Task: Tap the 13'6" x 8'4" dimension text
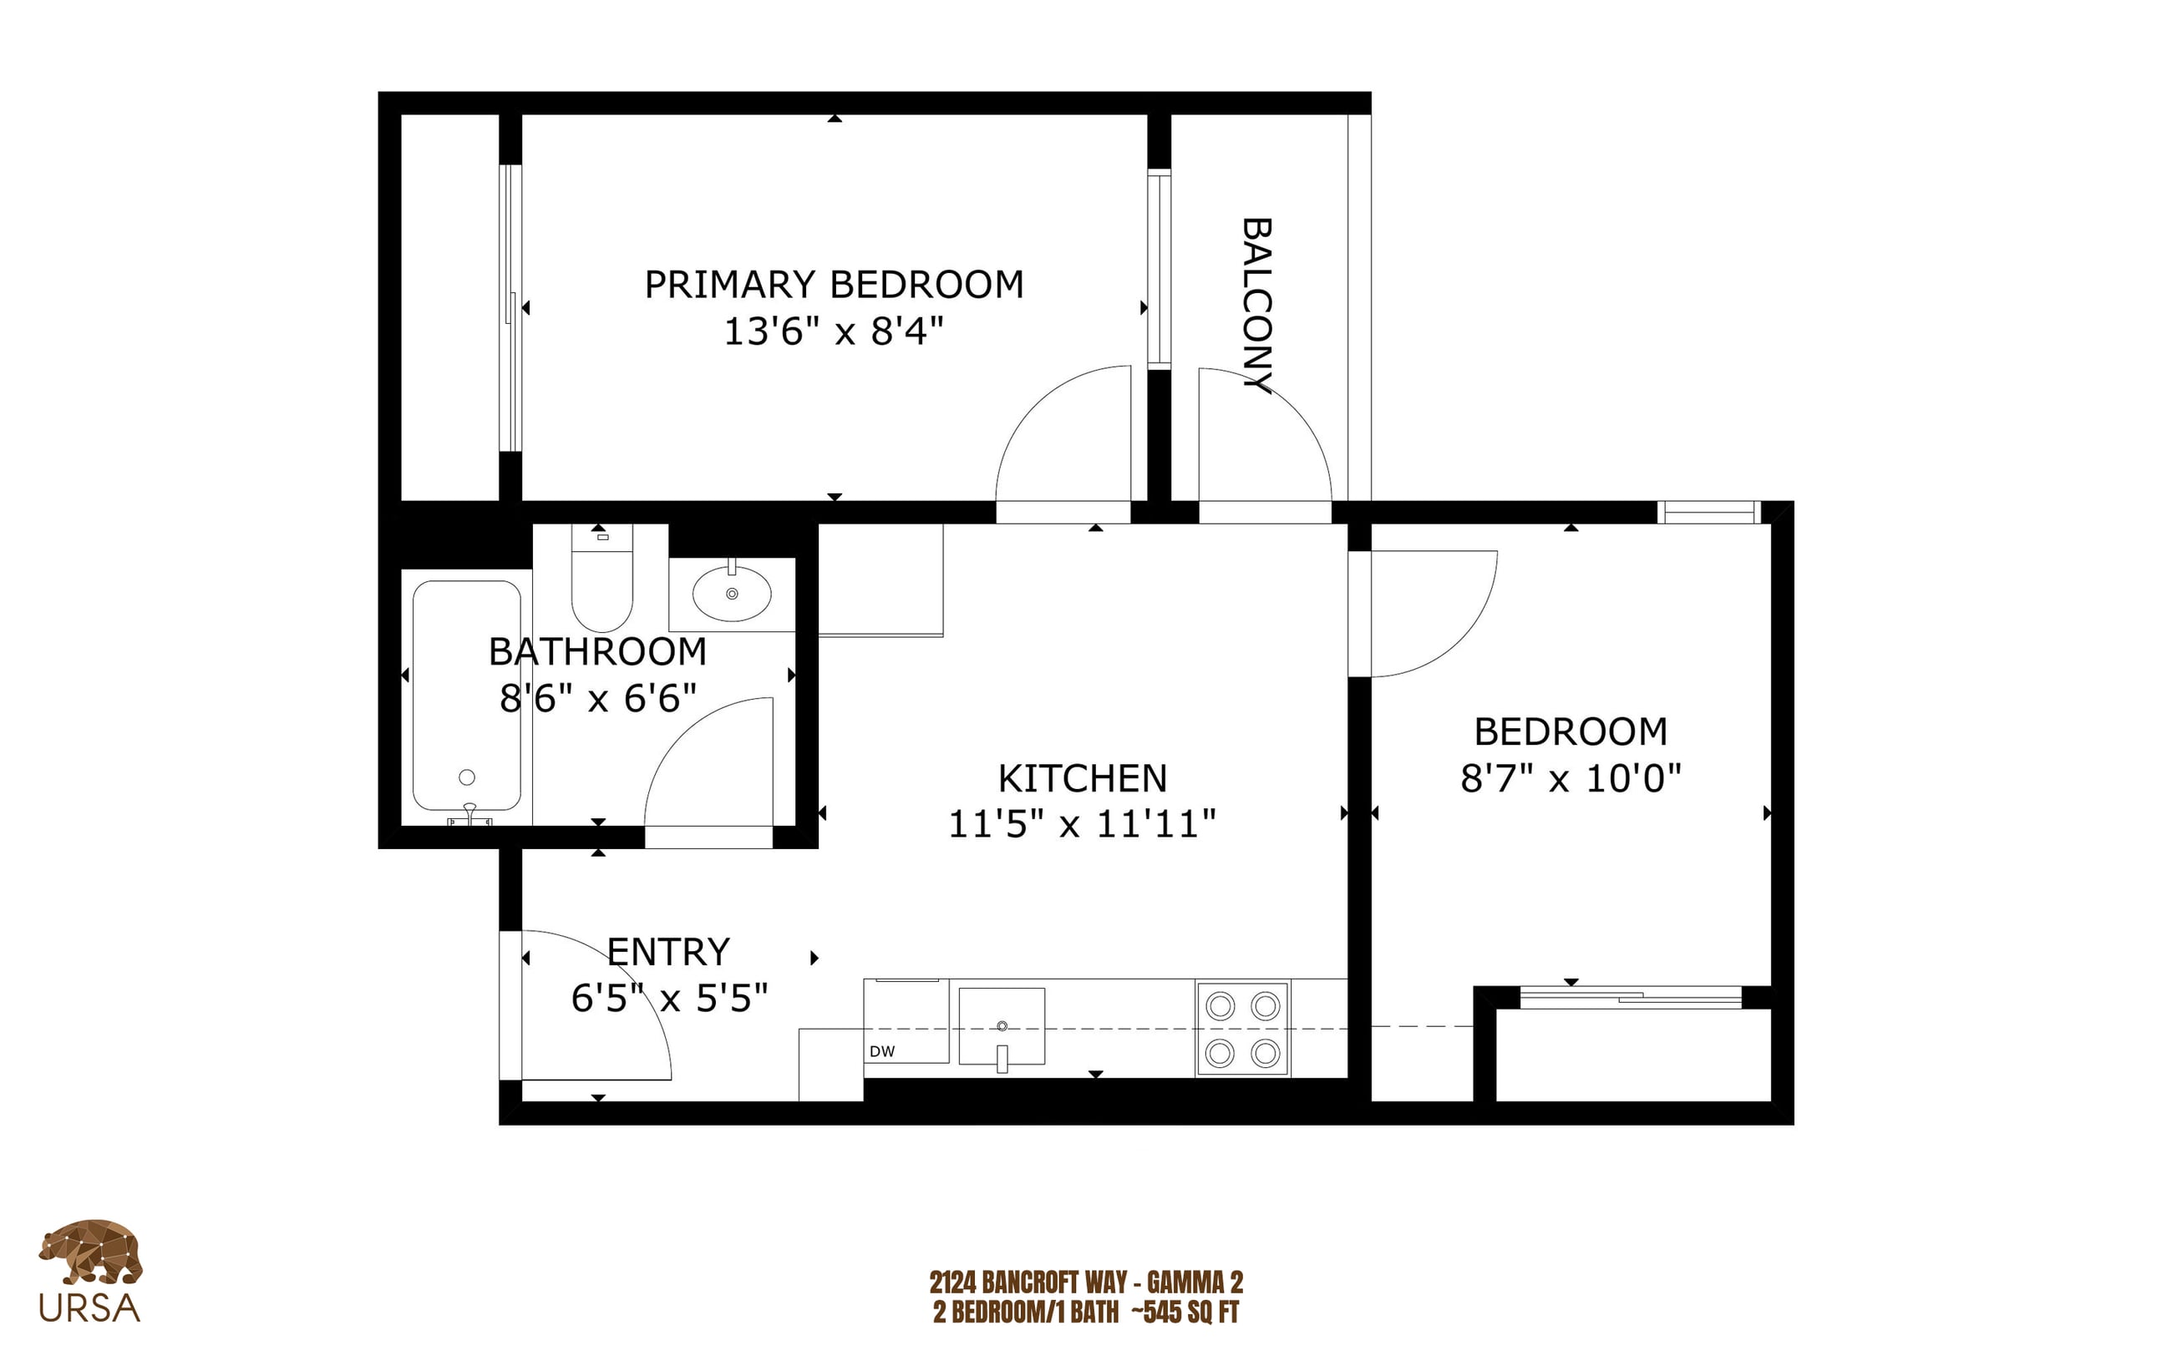(834, 331)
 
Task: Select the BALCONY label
(1256, 305)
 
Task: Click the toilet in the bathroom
(602, 578)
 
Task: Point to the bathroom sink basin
(731, 593)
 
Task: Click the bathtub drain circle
(466, 777)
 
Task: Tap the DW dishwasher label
(882, 1051)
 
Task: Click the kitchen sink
(1002, 1027)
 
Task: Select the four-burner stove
(1242, 1029)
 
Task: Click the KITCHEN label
(1082, 778)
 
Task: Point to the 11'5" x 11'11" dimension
(1082, 824)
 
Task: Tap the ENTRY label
(668, 952)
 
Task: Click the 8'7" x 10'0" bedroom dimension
(1570, 777)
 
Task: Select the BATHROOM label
(597, 651)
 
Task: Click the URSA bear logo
(89, 1252)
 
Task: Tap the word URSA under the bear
(89, 1308)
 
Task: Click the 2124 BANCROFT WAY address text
(1028, 1283)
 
